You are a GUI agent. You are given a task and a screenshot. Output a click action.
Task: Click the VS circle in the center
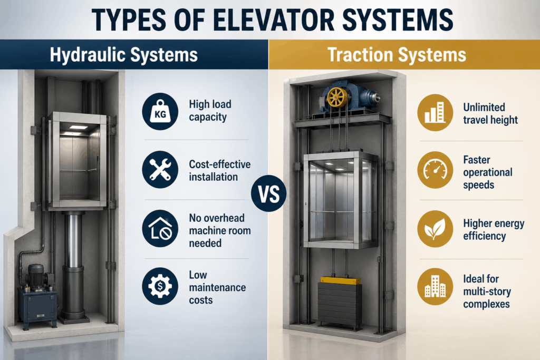coord(268,193)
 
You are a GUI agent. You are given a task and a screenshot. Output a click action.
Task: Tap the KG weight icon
coord(160,111)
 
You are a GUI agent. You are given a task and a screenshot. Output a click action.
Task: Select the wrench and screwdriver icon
coord(160,170)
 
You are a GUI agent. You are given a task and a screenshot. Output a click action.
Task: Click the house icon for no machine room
coord(160,229)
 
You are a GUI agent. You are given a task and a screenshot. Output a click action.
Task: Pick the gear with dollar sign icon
coord(160,286)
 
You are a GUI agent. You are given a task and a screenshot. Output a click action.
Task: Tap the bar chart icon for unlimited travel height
coord(435,113)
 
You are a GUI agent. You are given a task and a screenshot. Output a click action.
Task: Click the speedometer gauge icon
coord(435,170)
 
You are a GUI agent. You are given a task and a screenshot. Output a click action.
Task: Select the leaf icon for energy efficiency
coord(435,229)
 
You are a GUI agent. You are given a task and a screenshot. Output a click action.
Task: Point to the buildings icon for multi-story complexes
coord(435,287)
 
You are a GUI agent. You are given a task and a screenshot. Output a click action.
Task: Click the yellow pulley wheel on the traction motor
coord(337,98)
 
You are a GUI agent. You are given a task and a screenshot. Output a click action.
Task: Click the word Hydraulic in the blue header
coord(88,54)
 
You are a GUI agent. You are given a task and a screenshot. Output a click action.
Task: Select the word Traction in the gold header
coord(360,54)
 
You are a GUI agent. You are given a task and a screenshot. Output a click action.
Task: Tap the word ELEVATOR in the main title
coord(274,20)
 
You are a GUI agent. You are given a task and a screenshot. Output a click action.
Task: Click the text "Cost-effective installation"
coord(220,171)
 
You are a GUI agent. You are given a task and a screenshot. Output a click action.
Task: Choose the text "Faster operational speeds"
coord(488,172)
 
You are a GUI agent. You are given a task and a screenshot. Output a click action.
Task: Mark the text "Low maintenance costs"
coord(217,287)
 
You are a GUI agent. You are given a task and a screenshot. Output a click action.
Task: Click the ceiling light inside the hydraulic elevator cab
coord(79,128)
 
